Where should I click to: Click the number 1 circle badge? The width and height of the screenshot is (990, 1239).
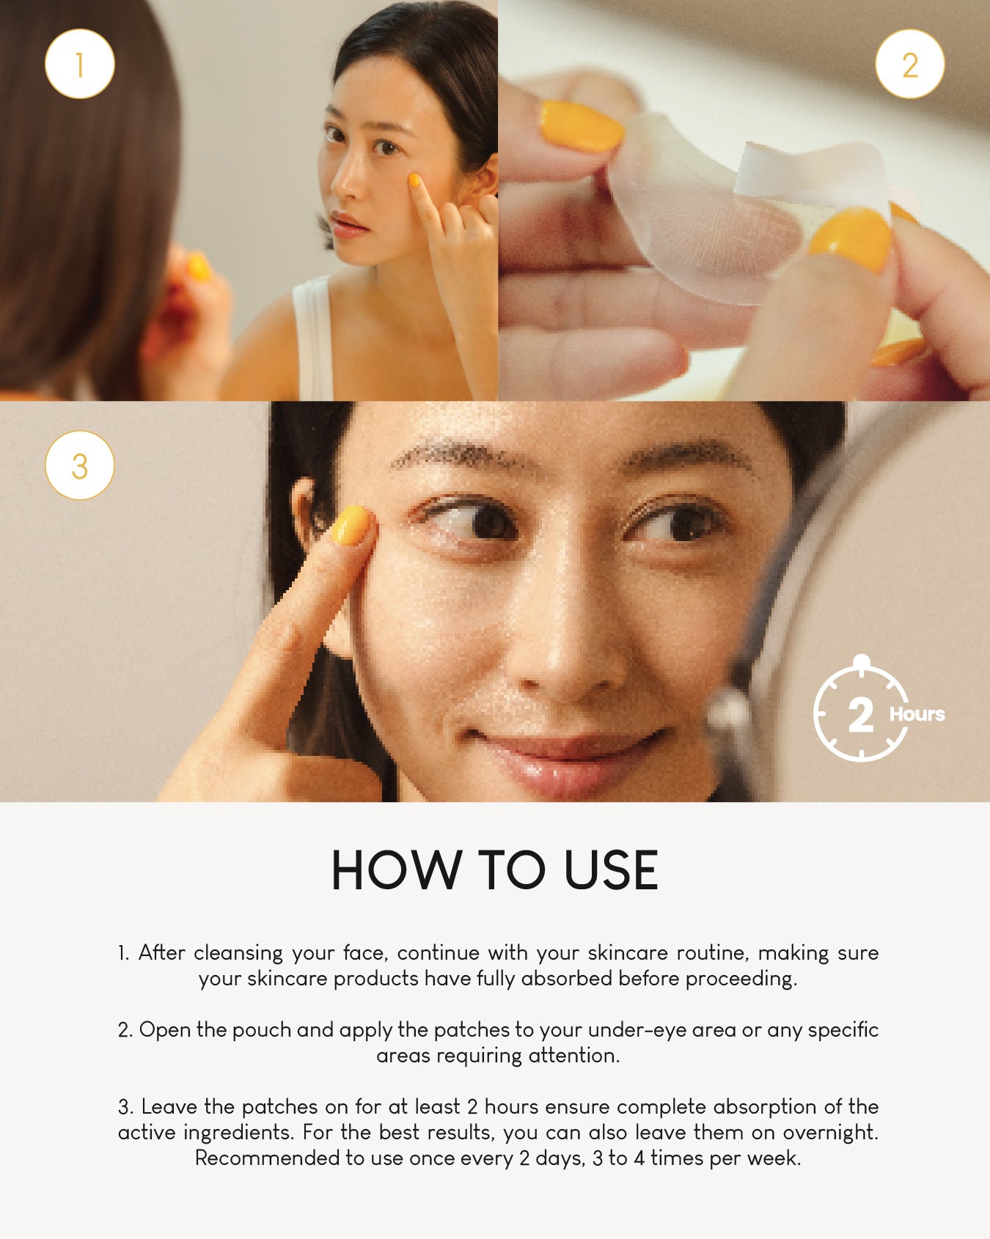coord(80,65)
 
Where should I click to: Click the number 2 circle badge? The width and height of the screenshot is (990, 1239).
coord(910,65)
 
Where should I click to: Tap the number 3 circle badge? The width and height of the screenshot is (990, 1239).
coord(80,466)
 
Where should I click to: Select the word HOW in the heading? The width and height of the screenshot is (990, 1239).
coord(395,871)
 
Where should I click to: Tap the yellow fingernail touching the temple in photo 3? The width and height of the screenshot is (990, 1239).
coord(351,526)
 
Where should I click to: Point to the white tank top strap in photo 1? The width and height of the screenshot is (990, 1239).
coord(314,337)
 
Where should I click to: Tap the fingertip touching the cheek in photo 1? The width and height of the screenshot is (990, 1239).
coord(414,180)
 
